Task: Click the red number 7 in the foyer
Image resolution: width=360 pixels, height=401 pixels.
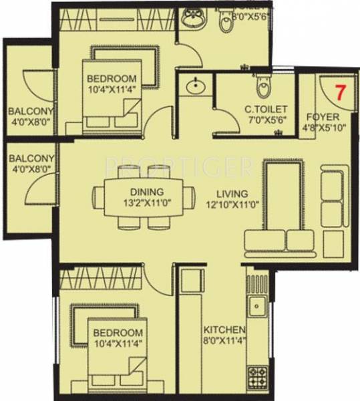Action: tap(341, 92)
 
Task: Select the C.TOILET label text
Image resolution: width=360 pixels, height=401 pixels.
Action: tap(266, 109)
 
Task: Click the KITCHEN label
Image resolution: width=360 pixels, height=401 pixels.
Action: tap(225, 330)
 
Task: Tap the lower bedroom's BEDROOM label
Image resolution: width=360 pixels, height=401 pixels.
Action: tap(118, 333)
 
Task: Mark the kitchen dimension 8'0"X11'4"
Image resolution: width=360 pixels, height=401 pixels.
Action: tap(225, 342)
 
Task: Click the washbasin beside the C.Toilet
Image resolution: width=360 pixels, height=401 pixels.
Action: tap(196, 87)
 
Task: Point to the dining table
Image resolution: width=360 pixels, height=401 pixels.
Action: tap(144, 198)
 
